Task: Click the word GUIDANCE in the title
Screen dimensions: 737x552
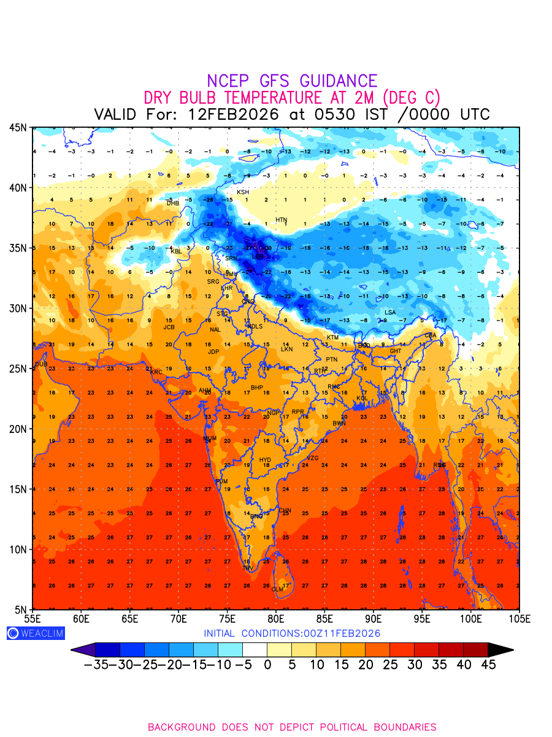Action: coord(338,81)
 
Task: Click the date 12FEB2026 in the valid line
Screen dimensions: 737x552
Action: coord(234,114)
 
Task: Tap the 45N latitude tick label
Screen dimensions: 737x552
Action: coord(17,128)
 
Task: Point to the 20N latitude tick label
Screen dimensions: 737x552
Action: coord(17,429)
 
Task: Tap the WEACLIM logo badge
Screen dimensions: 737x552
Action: coord(36,633)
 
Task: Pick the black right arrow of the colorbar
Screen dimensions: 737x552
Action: coord(500,650)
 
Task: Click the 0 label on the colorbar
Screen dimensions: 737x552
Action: coord(267,665)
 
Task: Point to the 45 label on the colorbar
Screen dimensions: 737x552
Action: coord(488,665)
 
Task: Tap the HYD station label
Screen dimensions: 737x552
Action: coord(265,460)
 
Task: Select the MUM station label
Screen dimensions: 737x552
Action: coord(210,439)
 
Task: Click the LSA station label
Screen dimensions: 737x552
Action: coord(390,313)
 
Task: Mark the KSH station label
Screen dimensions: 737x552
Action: coord(243,192)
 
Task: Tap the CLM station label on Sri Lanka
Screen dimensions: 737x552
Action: coord(278,590)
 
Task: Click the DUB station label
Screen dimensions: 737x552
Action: coord(41,364)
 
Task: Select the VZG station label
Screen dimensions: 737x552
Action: coord(313,458)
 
